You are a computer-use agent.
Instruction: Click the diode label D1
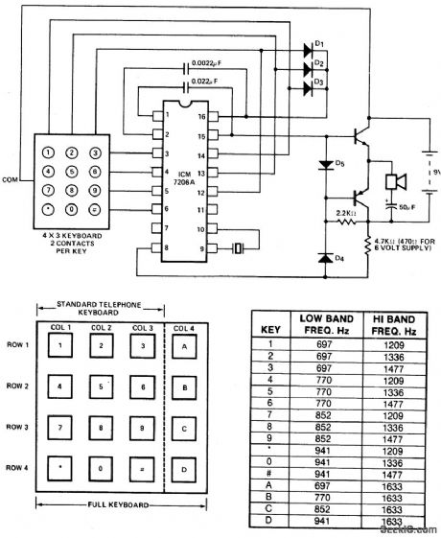[320, 44]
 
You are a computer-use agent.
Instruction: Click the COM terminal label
[12, 177]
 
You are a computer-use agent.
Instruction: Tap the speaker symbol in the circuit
[395, 181]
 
